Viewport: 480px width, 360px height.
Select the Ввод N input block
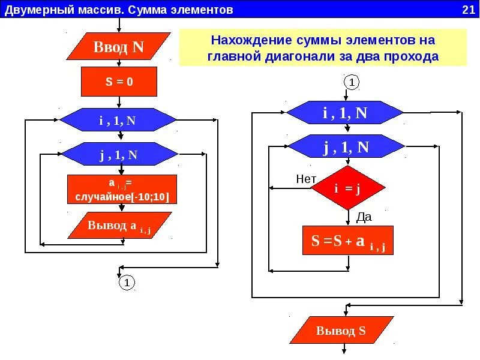pyautogui.click(x=118, y=47)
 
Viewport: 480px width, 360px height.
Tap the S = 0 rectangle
pyautogui.click(x=119, y=82)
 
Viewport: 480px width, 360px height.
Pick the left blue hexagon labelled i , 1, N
pyautogui.click(x=118, y=120)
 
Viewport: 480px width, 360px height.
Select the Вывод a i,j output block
pyautogui.click(x=119, y=226)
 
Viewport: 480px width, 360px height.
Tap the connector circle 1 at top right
pyautogui.click(x=352, y=82)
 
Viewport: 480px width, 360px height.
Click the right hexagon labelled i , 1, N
pyautogui.click(x=345, y=113)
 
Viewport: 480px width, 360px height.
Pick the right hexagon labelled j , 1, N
pyautogui.click(x=346, y=148)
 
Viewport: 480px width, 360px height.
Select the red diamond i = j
pyautogui.click(x=347, y=188)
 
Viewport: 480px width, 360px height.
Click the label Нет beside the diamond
pyautogui.click(x=306, y=179)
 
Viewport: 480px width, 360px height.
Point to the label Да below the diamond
pyautogui.click(x=364, y=217)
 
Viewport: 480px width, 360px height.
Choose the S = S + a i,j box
pyautogui.click(x=348, y=241)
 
